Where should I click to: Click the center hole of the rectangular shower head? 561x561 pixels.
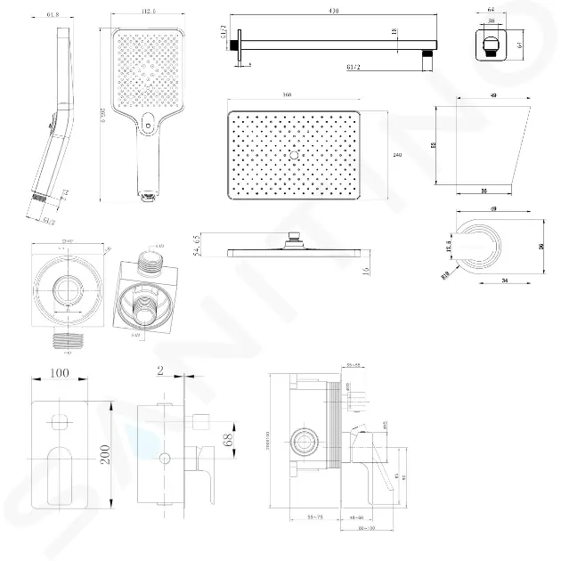point(292,154)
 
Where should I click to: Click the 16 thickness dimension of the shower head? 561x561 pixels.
point(366,271)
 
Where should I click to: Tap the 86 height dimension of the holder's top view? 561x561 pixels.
point(542,248)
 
